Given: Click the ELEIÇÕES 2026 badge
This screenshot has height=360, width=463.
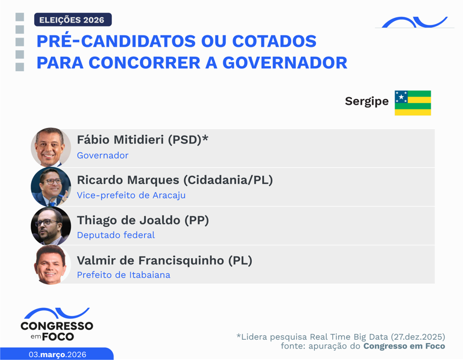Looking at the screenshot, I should [72, 20].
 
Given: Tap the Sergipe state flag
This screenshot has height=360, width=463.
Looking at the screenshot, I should [413, 102].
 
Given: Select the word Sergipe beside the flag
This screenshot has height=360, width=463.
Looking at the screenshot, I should [366, 101].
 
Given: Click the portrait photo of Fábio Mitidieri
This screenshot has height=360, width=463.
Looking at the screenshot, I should [51, 148].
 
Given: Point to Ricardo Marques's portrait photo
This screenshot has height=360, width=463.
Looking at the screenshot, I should [51, 187].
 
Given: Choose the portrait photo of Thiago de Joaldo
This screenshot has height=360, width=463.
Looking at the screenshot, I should [51, 226].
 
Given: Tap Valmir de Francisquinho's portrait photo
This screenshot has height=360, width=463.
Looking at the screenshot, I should [51, 265].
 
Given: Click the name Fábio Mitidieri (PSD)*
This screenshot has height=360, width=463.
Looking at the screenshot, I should [142, 139].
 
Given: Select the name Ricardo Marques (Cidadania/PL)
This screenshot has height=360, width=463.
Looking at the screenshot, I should [174, 180].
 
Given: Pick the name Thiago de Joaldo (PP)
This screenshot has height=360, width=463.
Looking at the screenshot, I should [142, 220].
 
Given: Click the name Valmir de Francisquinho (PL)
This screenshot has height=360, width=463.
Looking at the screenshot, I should [164, 260].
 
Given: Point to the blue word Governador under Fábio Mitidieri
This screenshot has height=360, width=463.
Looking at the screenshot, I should [102, 155].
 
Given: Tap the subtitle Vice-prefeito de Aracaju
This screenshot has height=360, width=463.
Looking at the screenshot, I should [131, 195].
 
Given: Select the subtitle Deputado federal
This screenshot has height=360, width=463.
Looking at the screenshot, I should [116, 235].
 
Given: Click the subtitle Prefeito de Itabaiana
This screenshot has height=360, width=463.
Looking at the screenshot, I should [123, 274].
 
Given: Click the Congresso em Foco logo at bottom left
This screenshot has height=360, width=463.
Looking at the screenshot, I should [56, 325].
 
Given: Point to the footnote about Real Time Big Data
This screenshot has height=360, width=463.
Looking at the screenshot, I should [340, 336].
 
